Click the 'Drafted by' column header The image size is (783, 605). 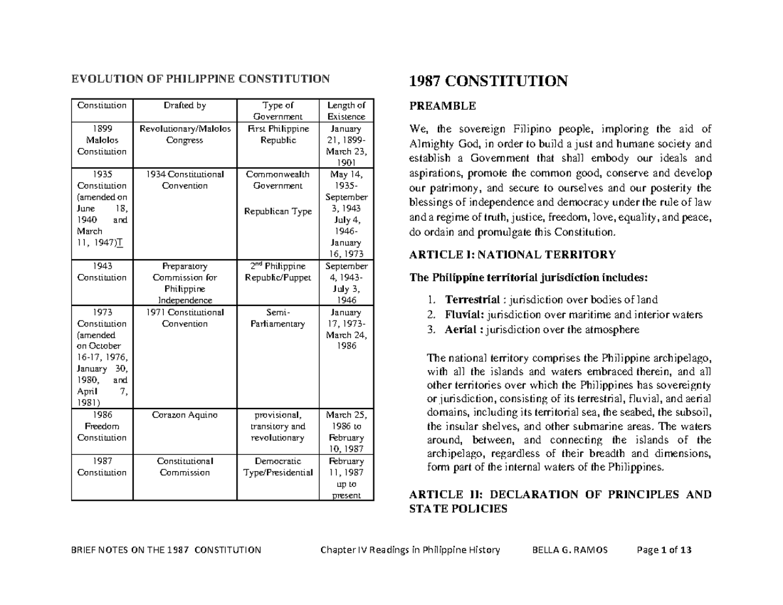[185, 105]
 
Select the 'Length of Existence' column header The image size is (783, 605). [346, 111]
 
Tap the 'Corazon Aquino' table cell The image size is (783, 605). [185, 414]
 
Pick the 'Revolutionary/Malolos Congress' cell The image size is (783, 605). [185, 134]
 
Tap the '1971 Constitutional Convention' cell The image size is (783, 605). [185, 318]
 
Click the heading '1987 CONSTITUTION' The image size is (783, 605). [487, 82]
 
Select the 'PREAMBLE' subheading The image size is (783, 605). [442, 106]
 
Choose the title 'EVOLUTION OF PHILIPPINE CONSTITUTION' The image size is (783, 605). [200, 80]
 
